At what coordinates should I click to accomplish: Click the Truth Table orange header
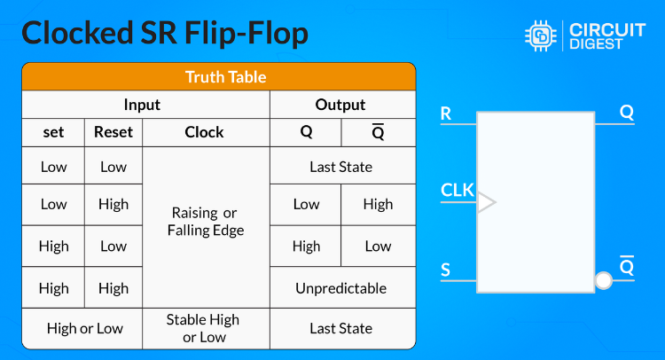[218, 76]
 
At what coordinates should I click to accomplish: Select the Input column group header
[142, 105]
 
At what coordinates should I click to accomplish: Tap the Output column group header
[341, 105]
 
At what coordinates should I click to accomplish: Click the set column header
[53, 132]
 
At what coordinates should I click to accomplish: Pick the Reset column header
[113, 132]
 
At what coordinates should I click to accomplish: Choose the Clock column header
[204, 132]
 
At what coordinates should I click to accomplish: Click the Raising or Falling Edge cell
[206, 222]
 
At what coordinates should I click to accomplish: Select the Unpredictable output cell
[341, 288]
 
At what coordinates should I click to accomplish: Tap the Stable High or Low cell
[206, 328]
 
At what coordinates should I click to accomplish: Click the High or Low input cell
[85, 328]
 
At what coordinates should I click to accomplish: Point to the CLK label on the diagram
[457, 190]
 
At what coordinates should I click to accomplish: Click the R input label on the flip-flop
[446, 113]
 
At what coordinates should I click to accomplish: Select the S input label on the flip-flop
[446, 268]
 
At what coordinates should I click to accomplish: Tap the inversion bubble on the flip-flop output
[604, 281]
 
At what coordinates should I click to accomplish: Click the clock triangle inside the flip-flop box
[486, 202]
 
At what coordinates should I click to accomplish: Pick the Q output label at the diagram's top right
[627, 113]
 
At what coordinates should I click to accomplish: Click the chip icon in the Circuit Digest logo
[539, 35]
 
